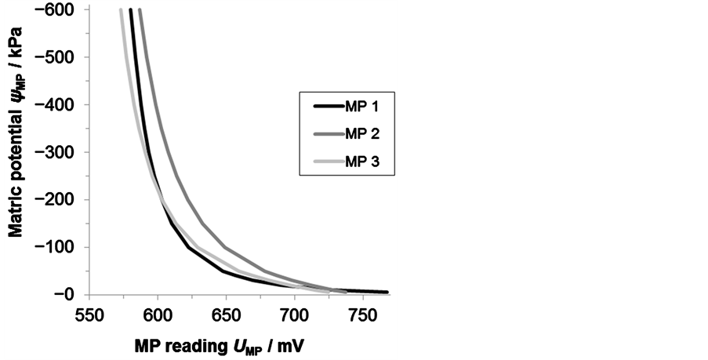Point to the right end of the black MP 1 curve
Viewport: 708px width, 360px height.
[x=387, y=292]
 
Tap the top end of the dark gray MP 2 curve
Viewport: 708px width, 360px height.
[x=140, y=10]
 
